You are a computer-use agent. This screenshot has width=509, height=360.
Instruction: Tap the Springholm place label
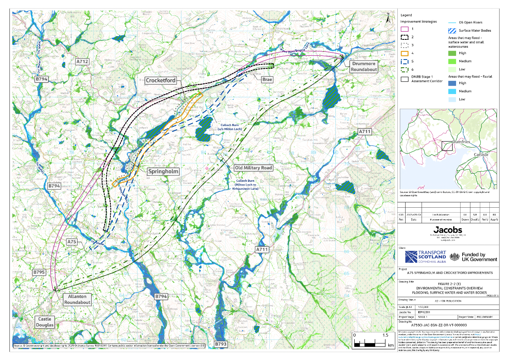[x=163, y=171]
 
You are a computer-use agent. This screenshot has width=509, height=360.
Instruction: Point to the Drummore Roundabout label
[x=363, y=66]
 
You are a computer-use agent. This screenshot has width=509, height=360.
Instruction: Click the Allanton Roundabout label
[x=77, y=299]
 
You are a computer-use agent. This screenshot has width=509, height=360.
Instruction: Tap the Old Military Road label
[x=253, y=168]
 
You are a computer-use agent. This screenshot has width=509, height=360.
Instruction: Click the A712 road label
[x=82, y=62]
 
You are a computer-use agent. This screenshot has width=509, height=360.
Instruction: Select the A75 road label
[x=72, y=242]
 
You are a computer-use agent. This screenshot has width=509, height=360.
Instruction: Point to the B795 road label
[x=40, y=272]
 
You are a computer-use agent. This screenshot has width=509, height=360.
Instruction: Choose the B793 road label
[x=220, y=343]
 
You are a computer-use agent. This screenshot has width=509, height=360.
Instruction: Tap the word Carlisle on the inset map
[x=481, y=154]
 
